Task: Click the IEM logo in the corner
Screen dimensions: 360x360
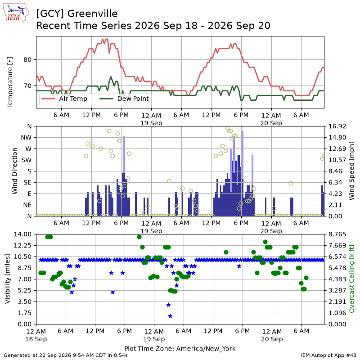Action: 16,13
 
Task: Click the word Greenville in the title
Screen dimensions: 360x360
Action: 93,14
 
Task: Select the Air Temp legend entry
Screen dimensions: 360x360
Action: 64,99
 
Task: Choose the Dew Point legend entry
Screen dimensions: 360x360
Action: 124,99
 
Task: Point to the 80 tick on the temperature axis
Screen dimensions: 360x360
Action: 27,60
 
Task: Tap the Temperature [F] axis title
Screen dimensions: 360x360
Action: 10,82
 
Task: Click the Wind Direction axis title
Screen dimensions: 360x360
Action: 15,171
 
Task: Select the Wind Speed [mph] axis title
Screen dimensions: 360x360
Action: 351,171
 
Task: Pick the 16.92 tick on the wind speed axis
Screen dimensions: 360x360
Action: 337,126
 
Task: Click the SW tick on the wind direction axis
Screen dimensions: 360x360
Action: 27,160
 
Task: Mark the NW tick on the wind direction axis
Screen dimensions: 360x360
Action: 26,138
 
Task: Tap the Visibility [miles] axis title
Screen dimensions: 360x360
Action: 8,279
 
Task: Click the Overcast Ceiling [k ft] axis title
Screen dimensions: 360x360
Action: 351,279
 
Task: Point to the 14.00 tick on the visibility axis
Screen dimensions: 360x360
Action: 23,234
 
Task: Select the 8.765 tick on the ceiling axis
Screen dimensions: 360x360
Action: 337,234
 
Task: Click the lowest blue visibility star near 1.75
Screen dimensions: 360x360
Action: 170,316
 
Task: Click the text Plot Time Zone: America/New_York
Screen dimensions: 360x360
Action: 180,349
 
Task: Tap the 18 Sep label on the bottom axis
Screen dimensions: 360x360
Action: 36,339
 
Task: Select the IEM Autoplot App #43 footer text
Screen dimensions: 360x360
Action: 328,355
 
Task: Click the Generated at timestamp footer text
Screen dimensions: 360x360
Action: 66,355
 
